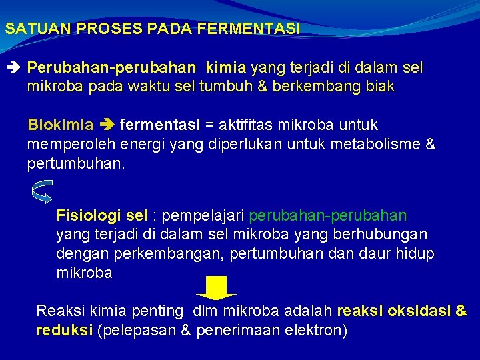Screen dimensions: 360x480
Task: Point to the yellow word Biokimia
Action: tap(60, 125)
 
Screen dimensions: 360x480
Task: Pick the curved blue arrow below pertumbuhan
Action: tap(41, 192)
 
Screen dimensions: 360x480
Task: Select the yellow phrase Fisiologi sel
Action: tap(101, 216)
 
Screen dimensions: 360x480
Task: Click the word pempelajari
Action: tap(203, 216)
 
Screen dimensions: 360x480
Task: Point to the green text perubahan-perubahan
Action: tap(327, 216)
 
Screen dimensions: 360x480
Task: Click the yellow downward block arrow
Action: tap(216, 287)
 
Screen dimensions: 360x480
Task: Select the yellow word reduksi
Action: tap(64, 330)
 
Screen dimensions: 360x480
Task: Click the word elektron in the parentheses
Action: tap(314, 330)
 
